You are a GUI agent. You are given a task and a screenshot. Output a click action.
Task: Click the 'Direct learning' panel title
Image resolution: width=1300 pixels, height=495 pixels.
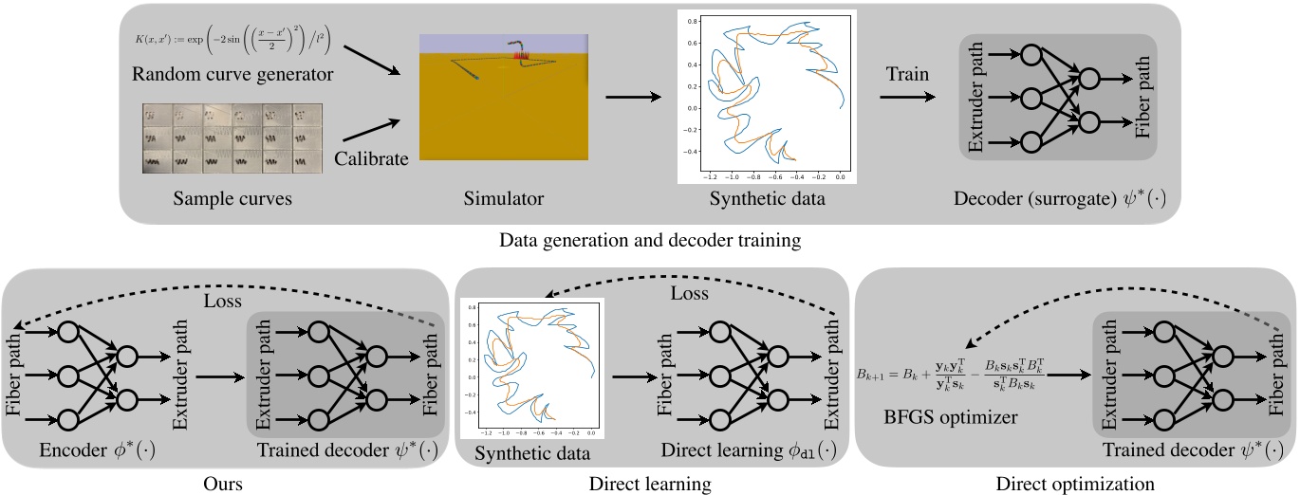click(x=652, y=484)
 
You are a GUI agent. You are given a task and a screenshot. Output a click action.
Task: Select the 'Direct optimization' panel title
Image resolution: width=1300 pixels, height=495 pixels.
click(x=1075, y=484)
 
